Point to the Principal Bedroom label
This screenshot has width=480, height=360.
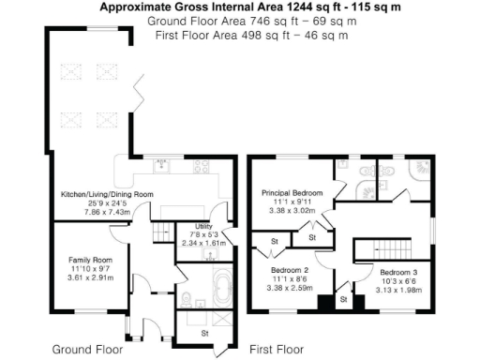(292, 192)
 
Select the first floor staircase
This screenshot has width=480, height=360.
(381, 250)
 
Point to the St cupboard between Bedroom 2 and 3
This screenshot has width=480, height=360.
(342, 299)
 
